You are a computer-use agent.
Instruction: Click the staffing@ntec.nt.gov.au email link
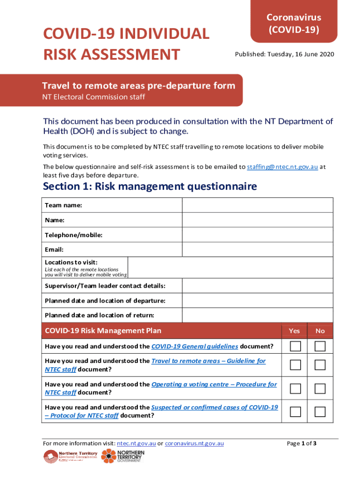pos(282,167)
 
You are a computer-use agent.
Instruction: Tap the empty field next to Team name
pos(257,205)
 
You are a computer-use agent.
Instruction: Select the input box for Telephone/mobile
pos(257,235)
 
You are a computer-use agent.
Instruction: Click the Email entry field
pos(257,249)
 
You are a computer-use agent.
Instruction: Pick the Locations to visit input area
pos(230,267)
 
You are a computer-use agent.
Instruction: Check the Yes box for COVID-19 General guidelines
pos(295,347)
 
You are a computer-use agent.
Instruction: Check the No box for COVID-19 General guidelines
pos(320,347)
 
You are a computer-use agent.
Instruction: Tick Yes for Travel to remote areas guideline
pos(295,365)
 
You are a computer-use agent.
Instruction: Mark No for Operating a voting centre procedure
pos(320,388)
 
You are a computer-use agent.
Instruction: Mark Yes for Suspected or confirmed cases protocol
pos(295,412)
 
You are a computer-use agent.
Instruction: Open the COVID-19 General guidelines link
pos(195,347)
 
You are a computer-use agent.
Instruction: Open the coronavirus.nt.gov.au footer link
pos(194,443)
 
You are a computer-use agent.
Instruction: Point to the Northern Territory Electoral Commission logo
pos(70,457)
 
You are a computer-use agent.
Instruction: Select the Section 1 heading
pos(150,187)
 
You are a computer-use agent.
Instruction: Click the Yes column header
pos(295,331)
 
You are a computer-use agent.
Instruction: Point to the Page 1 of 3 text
pos(302,443)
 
